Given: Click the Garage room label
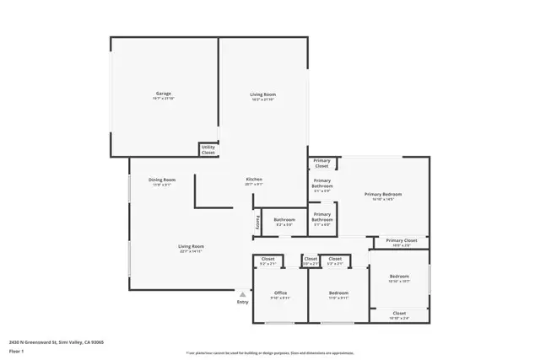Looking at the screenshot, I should click(163, 94).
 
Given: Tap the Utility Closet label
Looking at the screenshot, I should click(208, 150).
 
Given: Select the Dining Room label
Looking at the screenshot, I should click(162, 180).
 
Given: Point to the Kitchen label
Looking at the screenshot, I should click(254, 180).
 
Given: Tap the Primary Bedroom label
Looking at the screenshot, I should click(383, 195).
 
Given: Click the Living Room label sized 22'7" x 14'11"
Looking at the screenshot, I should click(192, 246).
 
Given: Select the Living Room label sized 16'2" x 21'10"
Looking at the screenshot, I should click(262, 94).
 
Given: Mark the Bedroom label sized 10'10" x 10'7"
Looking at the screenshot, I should click(399, 277).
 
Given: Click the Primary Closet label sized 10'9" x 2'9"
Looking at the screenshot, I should click(402, 241).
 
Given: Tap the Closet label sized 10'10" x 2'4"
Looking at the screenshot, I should click(399, 314).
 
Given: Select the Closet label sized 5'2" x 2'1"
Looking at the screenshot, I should click(268, 260).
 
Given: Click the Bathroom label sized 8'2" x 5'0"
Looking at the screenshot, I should click(283, 221).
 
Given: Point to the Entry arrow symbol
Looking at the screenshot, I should click(243, 293).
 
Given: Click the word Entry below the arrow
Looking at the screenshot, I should click(243, 301).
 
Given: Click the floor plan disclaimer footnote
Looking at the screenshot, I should click(269, 352).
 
